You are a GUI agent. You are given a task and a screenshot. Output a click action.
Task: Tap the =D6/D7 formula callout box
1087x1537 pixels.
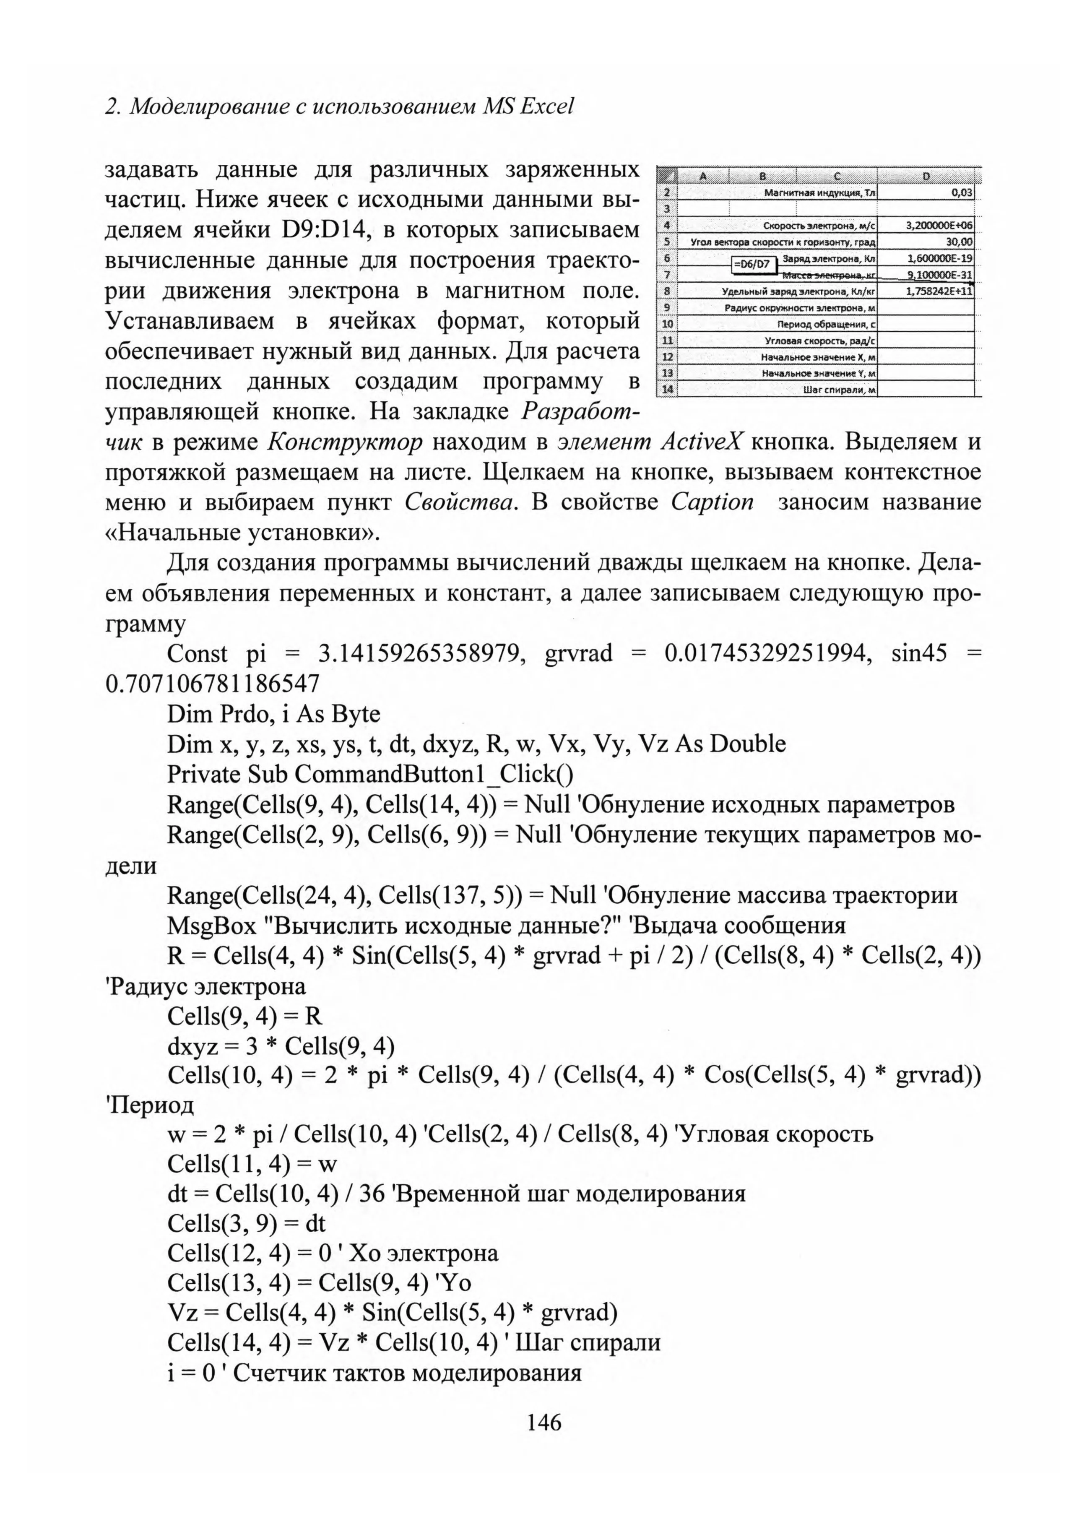point(752,265)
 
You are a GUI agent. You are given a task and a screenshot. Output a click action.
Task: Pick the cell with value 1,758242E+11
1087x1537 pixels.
point(939,291)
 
